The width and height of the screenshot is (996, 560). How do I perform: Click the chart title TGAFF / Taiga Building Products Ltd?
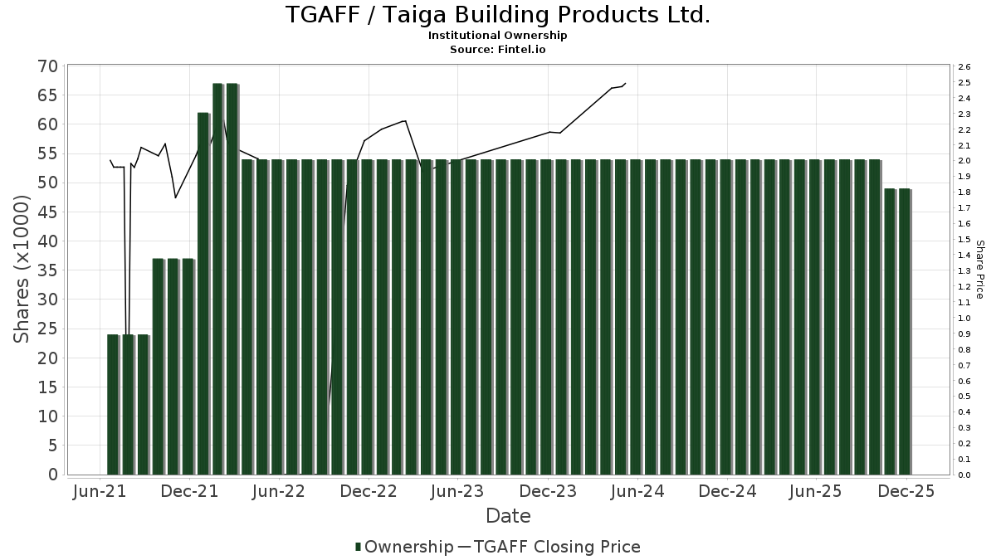[x=498, y=15]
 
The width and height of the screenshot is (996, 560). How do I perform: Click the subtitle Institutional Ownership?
[x=498, y=36]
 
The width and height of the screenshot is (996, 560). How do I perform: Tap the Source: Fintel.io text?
[x=498, y=49]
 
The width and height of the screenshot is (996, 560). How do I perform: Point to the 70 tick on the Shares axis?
[x=47, y=66]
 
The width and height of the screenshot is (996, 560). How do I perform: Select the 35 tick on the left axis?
[x=47, y=270]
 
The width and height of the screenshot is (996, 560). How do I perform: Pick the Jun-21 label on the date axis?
[x=100, y=491]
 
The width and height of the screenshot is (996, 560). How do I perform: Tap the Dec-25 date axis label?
[x=906, y=491]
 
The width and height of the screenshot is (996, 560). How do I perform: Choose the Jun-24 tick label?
[x=637, y=491]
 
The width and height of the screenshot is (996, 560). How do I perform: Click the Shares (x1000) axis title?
[x=22, y=270]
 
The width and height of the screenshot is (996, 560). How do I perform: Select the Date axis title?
[x=508, y=516]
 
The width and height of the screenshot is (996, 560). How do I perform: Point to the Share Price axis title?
[x=979, y=270]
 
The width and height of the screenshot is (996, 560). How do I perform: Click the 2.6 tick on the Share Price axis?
[x=964, y=67]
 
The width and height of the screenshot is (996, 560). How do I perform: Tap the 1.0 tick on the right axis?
[x=964, y=319]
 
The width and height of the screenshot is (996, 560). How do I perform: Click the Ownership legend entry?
[x=403, y=547]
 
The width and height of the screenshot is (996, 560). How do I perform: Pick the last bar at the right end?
[x=905, y=332]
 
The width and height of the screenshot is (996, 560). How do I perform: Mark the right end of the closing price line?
[x=625, y=83]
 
